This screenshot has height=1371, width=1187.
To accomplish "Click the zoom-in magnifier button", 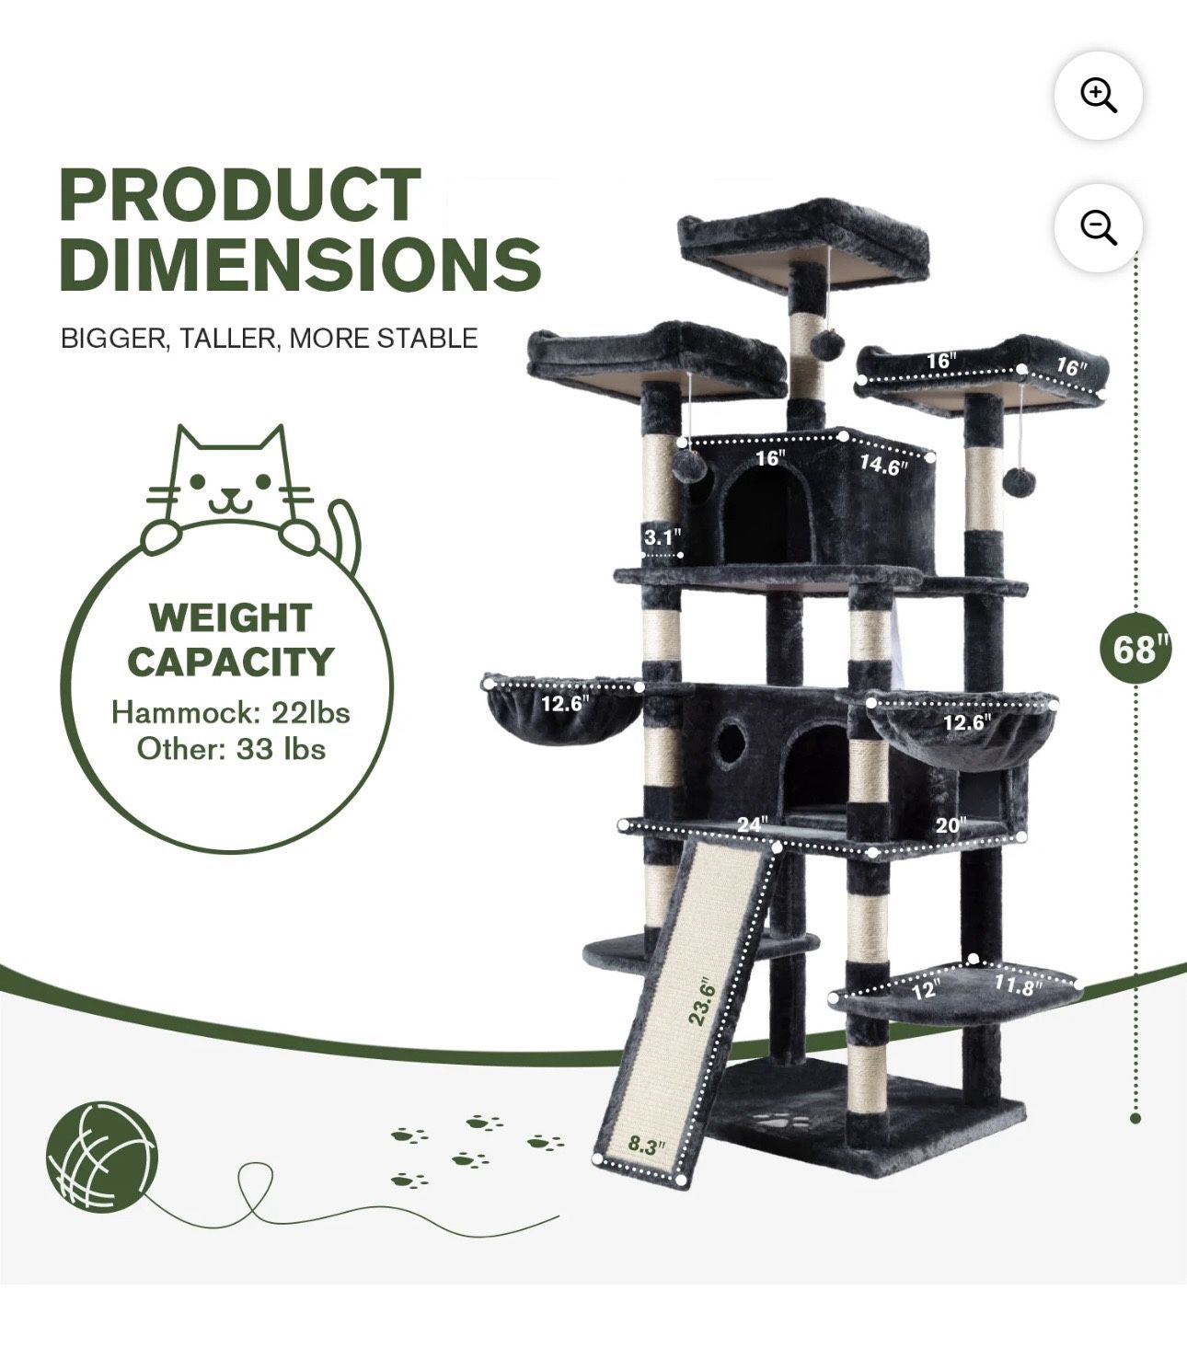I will pyautogui.click(x=1098, y=96).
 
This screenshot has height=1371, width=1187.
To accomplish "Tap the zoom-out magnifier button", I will pyautogui.click(x=1098, y=227).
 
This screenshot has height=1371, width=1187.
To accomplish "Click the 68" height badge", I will pyautogui.click(x=1135, y=650).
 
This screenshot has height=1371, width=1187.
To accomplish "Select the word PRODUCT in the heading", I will pyautogui.click(x=240, y=195).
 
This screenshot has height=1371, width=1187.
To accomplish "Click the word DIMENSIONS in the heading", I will pyautogui.click(x=300, y=263).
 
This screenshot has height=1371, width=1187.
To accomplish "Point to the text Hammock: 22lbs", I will pyautogui.click(x=230, y=712).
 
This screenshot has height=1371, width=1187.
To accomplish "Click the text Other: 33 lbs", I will pyautogui.click(x=231, y=749).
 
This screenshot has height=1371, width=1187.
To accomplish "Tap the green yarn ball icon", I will pyautogui.click(x=102, y=1154).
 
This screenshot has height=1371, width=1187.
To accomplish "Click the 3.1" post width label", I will pyautogui.click(x=662, y=537).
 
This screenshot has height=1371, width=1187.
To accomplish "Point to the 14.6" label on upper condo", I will pyautogui.click(x=882, y=466).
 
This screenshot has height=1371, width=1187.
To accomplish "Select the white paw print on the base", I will pyautogui.click(x=787, y=1123).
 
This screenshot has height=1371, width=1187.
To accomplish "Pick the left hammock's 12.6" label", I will pyautogui.click(x=564, y=704).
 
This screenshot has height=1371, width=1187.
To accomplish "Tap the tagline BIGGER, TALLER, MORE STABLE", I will pyautogui.click(x=269, y=339).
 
